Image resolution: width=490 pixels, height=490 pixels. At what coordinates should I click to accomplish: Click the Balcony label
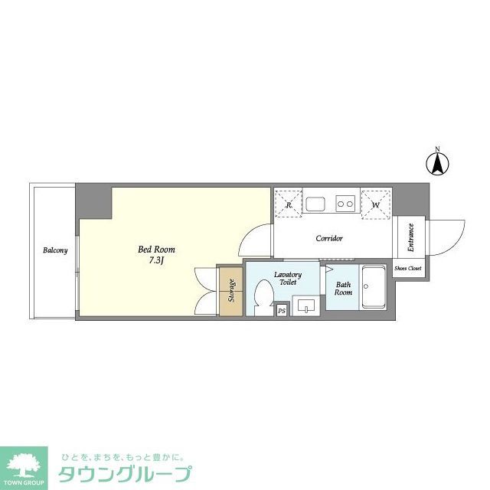55,250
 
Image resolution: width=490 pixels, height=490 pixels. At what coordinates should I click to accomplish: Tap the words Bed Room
156,250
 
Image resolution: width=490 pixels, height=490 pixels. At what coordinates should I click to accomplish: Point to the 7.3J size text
157,261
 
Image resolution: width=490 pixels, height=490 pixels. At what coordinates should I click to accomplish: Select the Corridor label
329,238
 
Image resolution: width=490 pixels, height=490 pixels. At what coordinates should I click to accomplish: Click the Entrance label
410,237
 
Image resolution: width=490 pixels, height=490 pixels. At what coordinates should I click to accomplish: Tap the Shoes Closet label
407,269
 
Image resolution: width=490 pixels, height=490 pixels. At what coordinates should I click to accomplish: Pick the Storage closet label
231,291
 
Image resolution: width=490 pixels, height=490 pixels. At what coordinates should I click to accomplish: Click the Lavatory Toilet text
288,278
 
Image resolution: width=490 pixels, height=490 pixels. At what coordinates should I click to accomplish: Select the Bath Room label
343,289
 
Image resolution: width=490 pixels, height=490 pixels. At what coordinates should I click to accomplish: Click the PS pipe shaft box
282,310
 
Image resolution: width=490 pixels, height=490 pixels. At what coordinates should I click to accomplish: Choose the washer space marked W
375,204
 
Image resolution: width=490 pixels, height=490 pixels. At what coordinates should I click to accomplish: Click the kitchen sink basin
316,204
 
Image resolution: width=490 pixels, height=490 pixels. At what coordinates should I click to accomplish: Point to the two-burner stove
345,204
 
